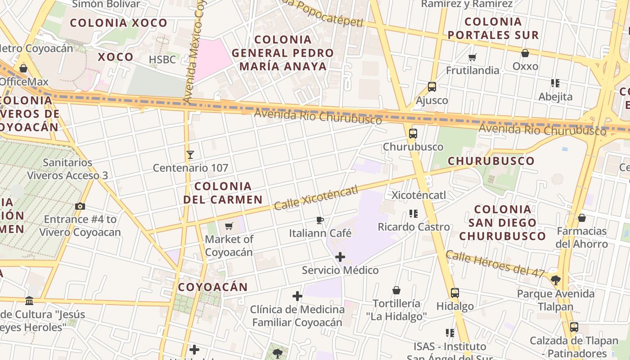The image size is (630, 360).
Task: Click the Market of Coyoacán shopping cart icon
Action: [x=229, y=226]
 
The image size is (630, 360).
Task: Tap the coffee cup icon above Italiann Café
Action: [x=319, y=220]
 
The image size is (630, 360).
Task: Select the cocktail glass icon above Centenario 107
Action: [x=190, y=155]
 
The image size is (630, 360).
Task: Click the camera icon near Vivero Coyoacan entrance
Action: [x=80, y=206]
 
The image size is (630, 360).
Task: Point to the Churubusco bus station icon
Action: [x=413, y=134]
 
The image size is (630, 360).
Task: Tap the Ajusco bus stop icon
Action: [x=432, y=87]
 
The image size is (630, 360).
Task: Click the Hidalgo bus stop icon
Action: [x=455, y=293]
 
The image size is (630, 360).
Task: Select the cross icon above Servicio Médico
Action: [x=340, y=257]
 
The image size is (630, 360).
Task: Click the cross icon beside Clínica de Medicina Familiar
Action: [x=297, y=296]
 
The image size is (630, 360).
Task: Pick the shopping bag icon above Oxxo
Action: [x=525, y=53]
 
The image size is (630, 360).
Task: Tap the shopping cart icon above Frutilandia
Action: [x=472, y=57]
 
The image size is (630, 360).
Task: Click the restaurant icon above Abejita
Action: [x=555, y=83]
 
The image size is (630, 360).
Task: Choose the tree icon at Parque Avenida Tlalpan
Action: [x=556, y=280]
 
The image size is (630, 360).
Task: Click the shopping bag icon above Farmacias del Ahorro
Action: [x=582, y=218]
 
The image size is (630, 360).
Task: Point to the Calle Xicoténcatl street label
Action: [x=316, y=198]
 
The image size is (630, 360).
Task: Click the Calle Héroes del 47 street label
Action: [x=495, y=264]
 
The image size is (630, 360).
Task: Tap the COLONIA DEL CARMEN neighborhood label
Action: [x=223, y=193]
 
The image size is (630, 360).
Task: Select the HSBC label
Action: [x=162, y=59]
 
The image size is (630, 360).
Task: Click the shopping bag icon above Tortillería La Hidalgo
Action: [x=396, y=290]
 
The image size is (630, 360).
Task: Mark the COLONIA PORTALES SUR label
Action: [x=493, y=28]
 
